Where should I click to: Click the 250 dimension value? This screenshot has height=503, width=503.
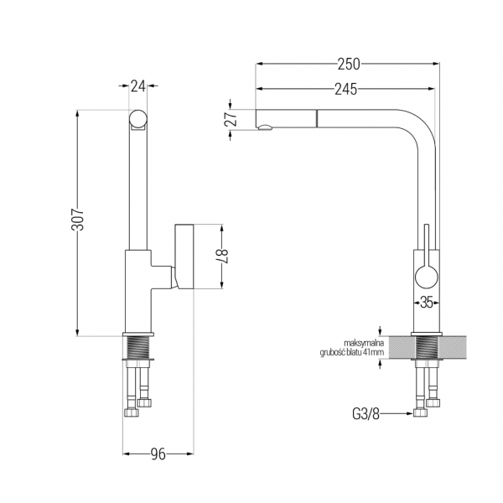tap(349, 64)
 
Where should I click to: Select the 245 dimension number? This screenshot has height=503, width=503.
tap(345, 89)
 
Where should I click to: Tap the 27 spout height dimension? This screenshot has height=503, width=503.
tap(232, 119)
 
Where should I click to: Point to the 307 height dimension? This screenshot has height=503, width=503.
tap(78, 219)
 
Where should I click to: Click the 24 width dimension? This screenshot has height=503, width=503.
tap(138, 86)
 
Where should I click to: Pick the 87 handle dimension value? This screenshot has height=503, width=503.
tap(223, 257)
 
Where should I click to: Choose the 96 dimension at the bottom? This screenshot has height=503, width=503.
tap(158, 454)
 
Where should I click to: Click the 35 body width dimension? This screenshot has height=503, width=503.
tap(427, 302)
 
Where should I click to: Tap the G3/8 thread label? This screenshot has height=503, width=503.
tap(366, 414)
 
